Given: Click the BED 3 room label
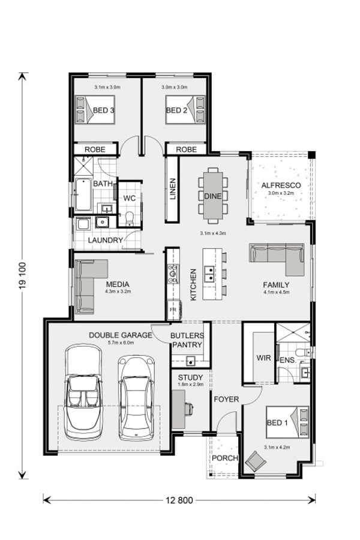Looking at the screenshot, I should pyautogui.click(x=104, y=110).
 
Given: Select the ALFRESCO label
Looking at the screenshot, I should pyautogui.click(x=281, y=185).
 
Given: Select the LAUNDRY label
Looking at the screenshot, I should pyautogui.click(x=105, y=241).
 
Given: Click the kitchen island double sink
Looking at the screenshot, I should pyautogui.click(x=210, y=274).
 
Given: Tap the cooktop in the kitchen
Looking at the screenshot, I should pyautogui.click(x=173, y=273).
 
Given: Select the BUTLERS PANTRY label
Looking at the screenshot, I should pyautogui.click(x=187, y=340).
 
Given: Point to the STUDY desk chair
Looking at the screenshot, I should pyautogui.click(x=189, y=409).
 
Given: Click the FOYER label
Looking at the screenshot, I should pyautogui.click(x=226, y=399).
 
